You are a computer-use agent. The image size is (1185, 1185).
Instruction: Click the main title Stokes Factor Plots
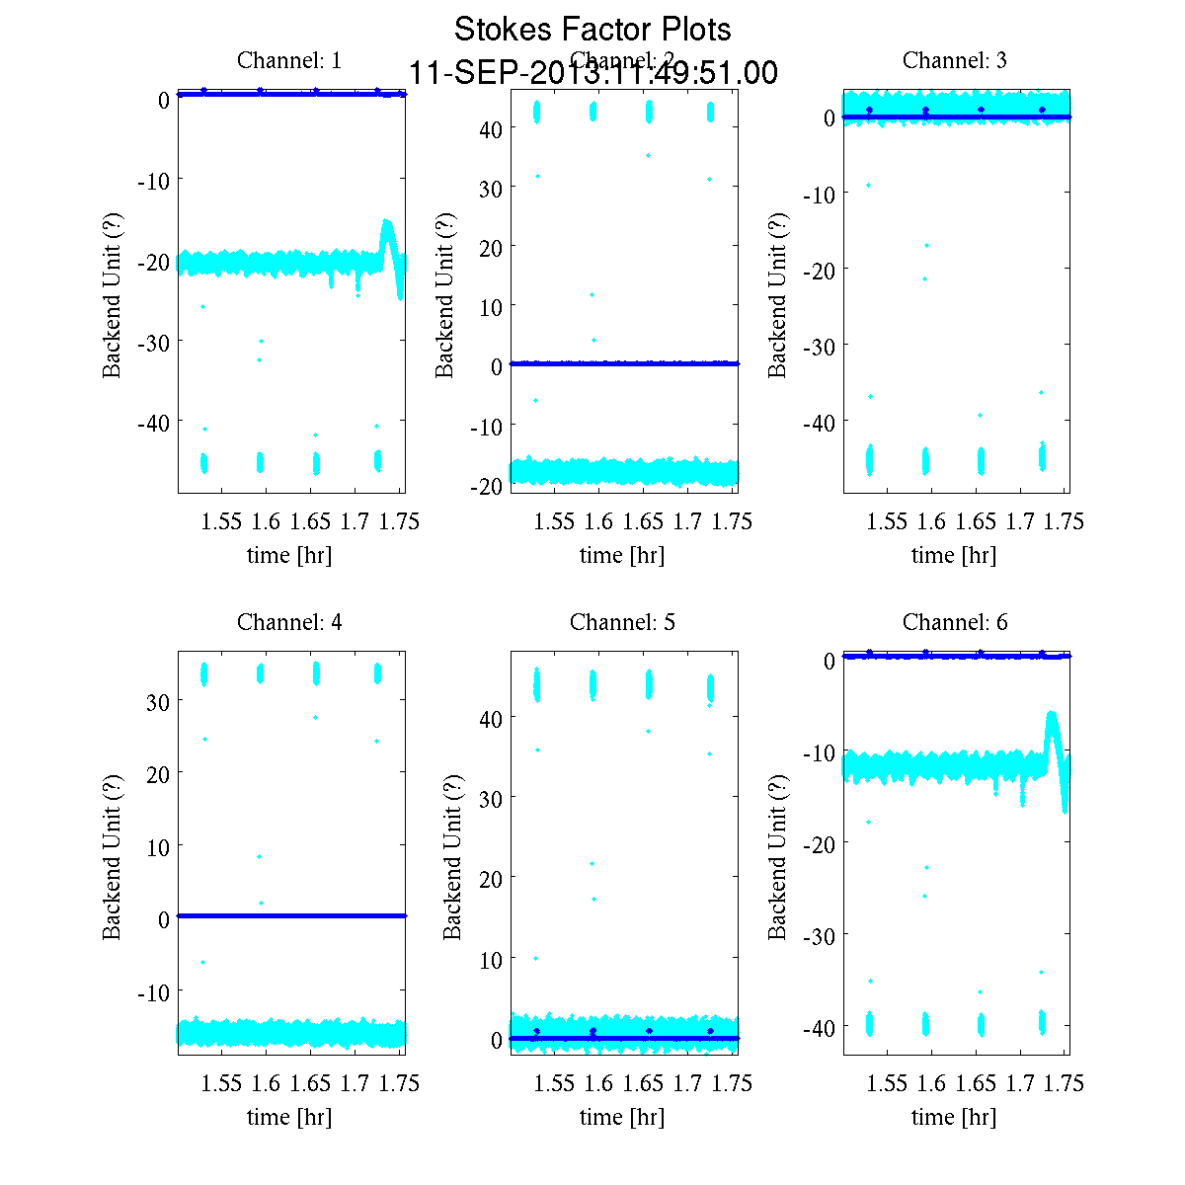pyautogui.click(x=592, y=30)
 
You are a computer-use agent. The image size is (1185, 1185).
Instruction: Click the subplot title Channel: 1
pyautogui.click(x=289, y=60)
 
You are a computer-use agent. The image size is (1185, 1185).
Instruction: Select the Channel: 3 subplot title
pyautogui.click(x=955, y=60)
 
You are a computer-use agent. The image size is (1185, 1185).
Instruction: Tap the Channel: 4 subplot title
pyautogui.click(x=289, y=622)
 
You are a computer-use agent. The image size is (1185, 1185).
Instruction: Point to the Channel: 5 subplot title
pyautogui.click(x=622, y=622)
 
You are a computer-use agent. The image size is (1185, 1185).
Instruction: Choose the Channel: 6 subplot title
pyautogui.click(x=955, y=622)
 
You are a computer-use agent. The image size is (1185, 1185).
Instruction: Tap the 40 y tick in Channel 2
pyautogui.click(x=491, y=128)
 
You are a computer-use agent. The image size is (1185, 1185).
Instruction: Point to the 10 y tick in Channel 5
pyautogui.click(x=491, y=959)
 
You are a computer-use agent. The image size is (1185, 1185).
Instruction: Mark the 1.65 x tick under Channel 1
pyautogui.click(x=310, y=521)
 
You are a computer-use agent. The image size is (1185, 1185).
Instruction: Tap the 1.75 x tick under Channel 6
pyautogui.click(x=1065, y=1083)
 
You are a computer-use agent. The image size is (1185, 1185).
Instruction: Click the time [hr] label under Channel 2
pyautogui.click(x=622, y=555)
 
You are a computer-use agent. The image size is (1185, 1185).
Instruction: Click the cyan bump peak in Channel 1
pyautogui.click(x=387, y=223)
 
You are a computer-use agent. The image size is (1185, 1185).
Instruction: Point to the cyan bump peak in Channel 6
pyautogui.click(x=1052, y=714)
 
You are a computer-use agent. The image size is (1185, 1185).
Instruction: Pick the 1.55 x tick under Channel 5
pyautogui.click(x=554, y=1083)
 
